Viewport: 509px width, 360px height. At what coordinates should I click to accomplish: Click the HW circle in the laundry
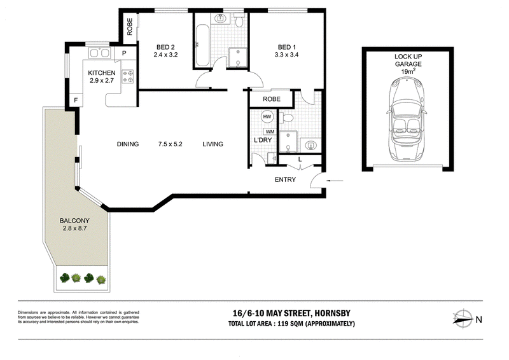coord(267,117)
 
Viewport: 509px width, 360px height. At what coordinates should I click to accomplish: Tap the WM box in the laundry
coord(270,132)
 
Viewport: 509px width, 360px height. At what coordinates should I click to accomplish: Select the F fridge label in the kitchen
coord(76,100)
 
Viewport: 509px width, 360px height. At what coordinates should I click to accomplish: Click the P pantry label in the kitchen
coord(124,53)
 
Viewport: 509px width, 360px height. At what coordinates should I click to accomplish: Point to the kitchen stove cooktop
coord(128,76)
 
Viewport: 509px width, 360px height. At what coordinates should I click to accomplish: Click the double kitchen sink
coord(99,53)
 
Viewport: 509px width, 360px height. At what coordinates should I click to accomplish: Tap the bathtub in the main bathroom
coord(202,45)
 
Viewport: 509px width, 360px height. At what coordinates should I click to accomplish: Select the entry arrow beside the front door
coord(335,181)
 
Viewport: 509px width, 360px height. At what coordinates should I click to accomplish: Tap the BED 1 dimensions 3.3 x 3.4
coord(286,55)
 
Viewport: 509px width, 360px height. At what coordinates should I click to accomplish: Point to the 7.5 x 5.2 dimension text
coord(171,144)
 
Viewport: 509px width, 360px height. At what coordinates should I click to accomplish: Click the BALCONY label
coord(74,221)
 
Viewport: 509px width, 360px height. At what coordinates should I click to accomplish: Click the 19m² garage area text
coord(408,71)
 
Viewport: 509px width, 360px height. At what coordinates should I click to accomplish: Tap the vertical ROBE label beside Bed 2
coord(130,27)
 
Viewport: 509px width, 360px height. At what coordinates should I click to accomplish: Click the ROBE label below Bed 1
coord(272,99)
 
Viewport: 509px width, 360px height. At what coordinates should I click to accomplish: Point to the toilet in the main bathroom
coord(239,20)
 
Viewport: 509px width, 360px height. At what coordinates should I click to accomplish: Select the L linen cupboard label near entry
coord(300,160)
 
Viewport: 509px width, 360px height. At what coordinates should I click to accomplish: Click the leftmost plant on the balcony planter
coord(65,278)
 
